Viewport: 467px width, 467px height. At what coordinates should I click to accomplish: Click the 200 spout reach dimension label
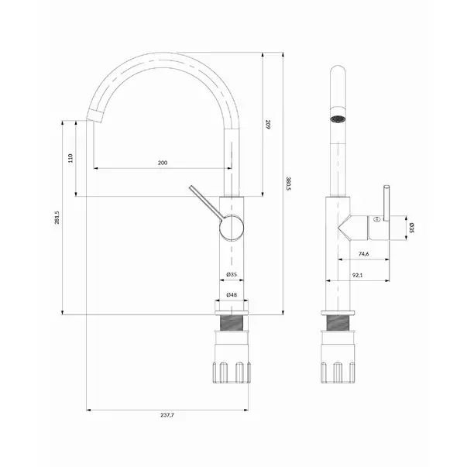[x=163, y=163]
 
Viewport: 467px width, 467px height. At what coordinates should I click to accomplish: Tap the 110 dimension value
[x=70, y=158]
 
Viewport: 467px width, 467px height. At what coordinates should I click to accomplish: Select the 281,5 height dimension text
[x=57, y=218]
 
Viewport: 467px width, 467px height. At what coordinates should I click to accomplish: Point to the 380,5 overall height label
[x=288, y=184]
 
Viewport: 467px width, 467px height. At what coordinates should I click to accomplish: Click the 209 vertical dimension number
[x=267, y=124]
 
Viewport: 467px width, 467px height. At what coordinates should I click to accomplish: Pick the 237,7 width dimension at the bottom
[x=167, y=415]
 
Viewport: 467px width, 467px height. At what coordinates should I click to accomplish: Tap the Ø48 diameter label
[x=232, y=295]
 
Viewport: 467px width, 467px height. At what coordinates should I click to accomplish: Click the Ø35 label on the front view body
[x=232, y=274]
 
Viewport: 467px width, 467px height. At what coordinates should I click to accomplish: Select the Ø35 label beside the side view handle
[x=411, y=228]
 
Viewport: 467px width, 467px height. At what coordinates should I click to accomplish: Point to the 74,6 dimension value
[x=364, y=254]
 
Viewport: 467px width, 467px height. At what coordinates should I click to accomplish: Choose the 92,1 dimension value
[x=357, y=275]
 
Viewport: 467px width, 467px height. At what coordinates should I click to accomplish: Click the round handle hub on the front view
[x=232, y=228]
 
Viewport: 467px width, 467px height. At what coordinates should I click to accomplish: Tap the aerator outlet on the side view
[x=338, y=118]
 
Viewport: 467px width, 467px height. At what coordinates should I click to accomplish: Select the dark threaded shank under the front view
[x=232, y=323]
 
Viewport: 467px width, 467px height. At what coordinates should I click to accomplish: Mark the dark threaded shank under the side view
[x=338, y=323]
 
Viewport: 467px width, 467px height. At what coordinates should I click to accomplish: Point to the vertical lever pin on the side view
[x=386, y=204]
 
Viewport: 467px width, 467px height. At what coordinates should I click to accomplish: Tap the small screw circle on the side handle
[x=376, y=219]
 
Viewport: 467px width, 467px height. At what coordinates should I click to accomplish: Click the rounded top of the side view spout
[x=338, y=70]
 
